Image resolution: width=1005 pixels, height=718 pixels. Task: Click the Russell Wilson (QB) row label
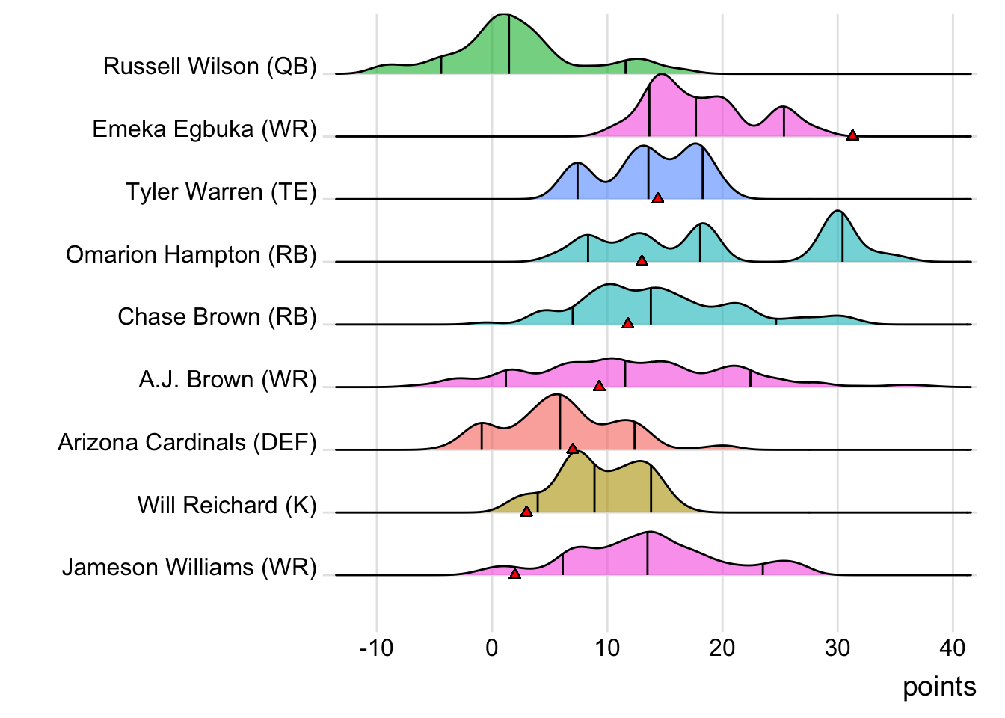[209, 67]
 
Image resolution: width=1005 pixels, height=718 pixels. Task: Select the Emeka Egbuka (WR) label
[204, 129]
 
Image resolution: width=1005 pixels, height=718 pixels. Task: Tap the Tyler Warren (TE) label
[221, 192]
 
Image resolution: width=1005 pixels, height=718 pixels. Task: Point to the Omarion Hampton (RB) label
[191, 255]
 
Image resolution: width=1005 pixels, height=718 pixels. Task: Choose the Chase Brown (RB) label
[217, 317]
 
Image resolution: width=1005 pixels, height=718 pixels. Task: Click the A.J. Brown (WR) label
[227, 380]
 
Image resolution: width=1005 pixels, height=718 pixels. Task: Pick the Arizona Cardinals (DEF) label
[187, 443]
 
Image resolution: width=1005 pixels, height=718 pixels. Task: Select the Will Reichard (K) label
[227, 506]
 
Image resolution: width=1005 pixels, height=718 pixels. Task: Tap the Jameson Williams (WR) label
[189, 568]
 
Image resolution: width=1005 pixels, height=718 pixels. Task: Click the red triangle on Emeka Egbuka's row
[852, 135]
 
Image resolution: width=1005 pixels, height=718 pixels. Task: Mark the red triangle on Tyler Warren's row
[657, 198]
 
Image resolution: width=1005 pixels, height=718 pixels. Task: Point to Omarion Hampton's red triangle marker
[641, 261]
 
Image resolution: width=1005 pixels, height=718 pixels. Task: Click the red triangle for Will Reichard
[526, 512]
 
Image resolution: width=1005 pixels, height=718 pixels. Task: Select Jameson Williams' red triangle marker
[514, 574]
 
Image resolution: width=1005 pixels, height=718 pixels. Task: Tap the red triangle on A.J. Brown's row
[599, 386]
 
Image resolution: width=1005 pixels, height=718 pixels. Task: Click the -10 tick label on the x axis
[376, 648]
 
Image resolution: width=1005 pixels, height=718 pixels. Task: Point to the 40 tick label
[953, 648]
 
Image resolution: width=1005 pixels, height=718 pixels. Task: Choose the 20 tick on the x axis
[722, 648]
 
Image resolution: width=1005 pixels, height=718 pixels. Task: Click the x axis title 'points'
[939, 687]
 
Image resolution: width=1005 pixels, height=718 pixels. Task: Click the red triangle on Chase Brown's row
[627, 323]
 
